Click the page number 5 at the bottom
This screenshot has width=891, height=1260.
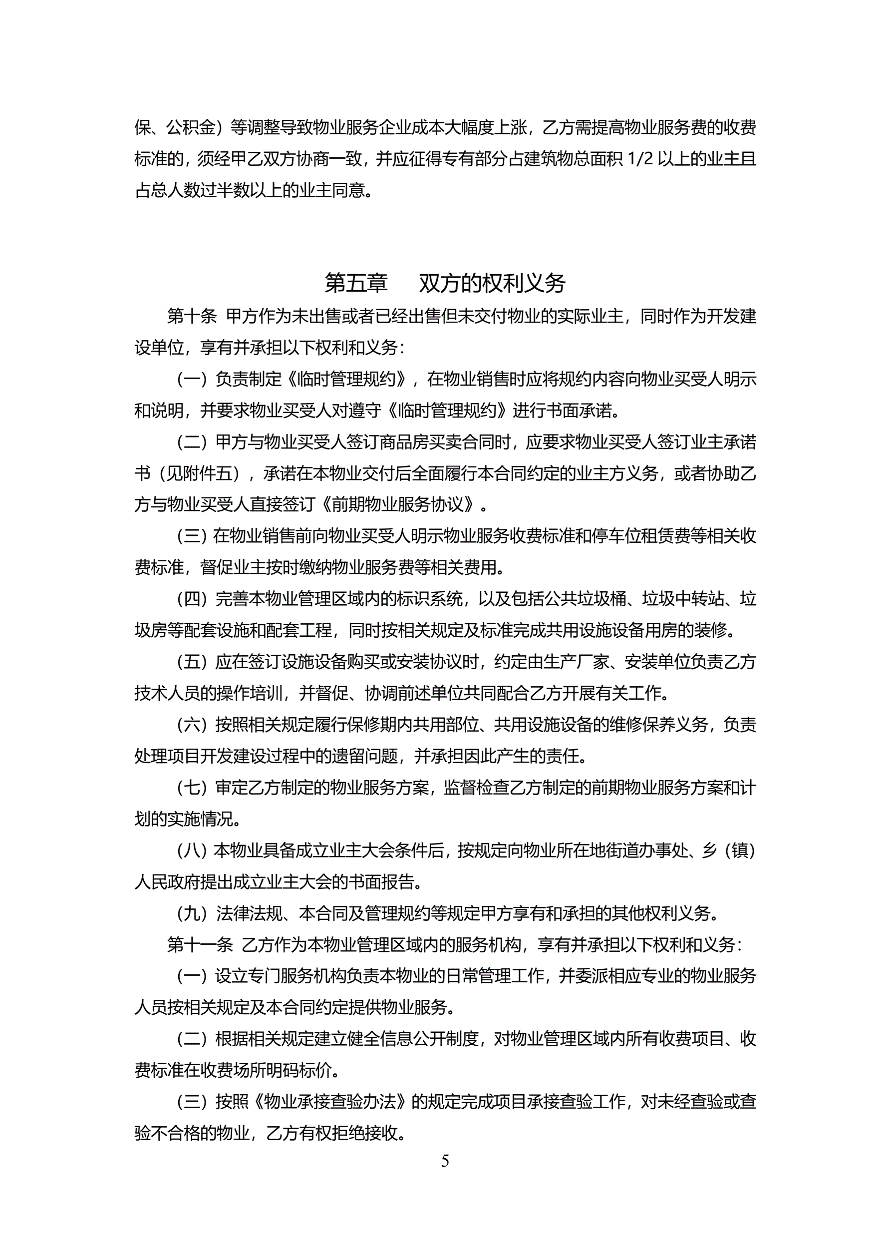coord(445,1161)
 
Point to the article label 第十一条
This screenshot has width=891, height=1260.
coord(200,944)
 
